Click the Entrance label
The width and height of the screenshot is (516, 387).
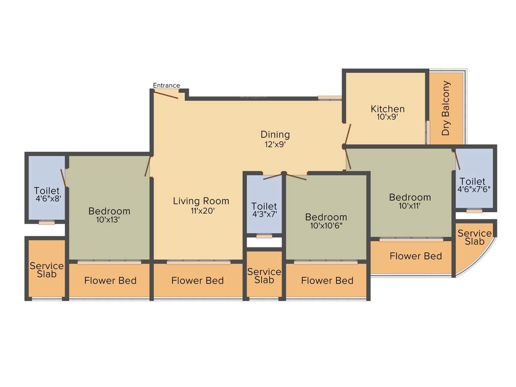(x=166, y=86)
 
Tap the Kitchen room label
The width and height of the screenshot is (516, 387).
(x=388, y=109)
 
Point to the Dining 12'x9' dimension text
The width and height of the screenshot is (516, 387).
(x=275, y=144)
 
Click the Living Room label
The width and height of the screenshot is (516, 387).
(x=201, y=201)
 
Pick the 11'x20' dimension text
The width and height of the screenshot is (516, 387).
(x=203, y=211)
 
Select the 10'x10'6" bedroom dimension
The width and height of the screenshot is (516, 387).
(x=326, y=226)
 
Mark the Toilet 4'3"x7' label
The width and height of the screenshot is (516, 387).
(x=264, y=210)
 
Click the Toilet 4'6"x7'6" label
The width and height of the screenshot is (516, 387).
(x=474, y=185)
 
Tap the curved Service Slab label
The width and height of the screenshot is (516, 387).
(x=474, y=237)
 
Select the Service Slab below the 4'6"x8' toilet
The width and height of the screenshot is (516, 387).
(x=46, y=270)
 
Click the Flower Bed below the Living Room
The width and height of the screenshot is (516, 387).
(x=198, y=281)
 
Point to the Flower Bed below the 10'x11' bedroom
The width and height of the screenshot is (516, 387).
(x=416, y=256)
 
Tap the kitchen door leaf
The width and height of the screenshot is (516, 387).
(x=347, y=133)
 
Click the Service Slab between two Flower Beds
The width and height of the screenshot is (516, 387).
(x=264, y=276)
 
